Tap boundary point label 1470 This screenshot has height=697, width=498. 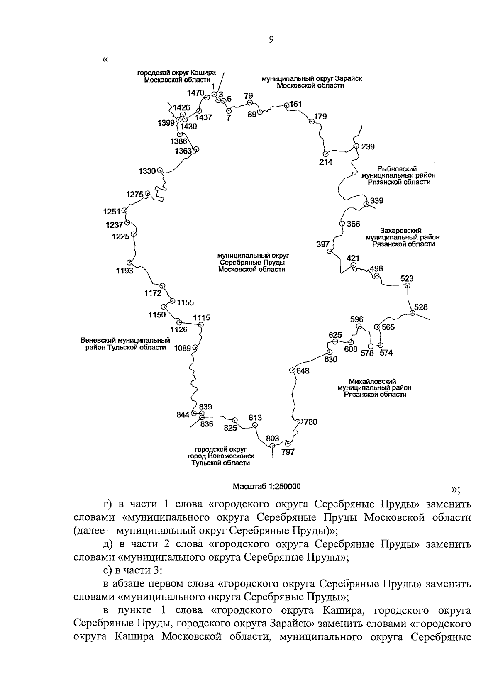[195, 93]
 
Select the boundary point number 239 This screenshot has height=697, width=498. [368, 146]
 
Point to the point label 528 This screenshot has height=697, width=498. [421, 307]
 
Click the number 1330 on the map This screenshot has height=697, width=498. [147, 171]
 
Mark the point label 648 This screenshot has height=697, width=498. [303, 371]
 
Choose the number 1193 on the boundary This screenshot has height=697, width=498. [124, 271]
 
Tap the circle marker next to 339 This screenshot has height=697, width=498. [366, 204]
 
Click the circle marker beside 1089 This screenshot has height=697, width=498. [195, 348]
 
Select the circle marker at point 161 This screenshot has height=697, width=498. [286, 105]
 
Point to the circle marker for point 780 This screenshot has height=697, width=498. [300, 422]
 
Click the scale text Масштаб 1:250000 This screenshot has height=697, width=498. [267, 486]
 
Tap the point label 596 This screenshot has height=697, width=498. [356, 319]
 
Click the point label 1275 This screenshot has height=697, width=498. [134, 194]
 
